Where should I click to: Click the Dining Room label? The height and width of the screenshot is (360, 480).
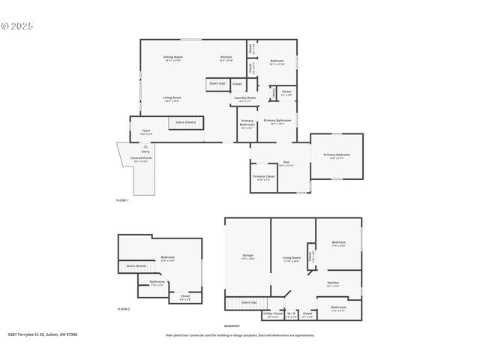[173, 58]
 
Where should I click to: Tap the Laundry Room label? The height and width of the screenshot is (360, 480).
[245, 97]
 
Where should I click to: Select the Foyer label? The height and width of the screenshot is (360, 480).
[146, 130]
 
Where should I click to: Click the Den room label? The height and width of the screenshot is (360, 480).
[286, 162]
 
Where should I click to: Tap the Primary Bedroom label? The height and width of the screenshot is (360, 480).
[337, 155]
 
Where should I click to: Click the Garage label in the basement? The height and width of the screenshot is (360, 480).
[247, 256]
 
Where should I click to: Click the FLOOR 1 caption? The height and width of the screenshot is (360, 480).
[122, 200]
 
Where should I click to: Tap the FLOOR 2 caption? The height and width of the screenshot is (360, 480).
[124, 309]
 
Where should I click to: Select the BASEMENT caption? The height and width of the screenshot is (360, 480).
[232, 326]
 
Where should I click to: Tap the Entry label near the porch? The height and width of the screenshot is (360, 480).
[145, 151]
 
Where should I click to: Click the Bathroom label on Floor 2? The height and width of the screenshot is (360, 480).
[157, 283]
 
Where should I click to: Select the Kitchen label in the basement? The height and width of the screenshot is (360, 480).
[333, 283]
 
